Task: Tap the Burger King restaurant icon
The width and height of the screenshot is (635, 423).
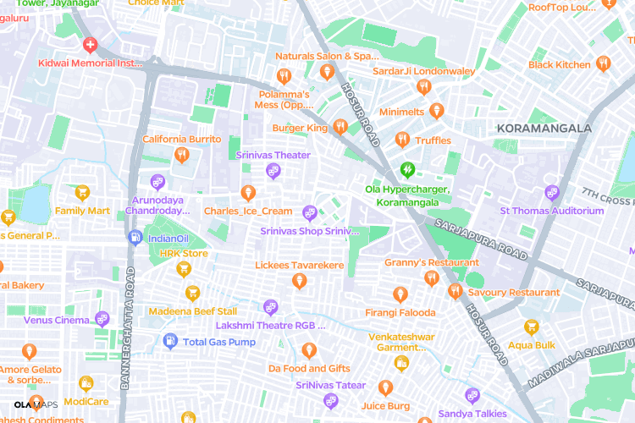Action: tap(340, 128)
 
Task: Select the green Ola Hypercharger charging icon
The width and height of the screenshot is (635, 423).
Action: tap(407, 169)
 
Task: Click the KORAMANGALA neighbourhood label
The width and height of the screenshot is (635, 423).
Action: tap(544, 128)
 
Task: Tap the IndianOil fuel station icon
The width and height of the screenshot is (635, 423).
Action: tap(134, 239)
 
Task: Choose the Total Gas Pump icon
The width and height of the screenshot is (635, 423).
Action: tap(169, 341)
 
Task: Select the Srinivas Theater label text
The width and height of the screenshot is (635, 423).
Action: tap(273, 156)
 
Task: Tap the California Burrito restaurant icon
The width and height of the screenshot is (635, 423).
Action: tap(181, 155)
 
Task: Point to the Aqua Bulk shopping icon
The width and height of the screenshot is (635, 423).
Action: tap(532, 327)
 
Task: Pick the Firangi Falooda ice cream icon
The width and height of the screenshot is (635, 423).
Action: tap(400, 294)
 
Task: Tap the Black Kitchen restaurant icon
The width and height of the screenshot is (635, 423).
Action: tap(603, 63)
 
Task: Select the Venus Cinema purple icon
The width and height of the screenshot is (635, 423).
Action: tap(102, 319)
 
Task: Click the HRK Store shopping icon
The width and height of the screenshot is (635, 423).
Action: tap(183, 269)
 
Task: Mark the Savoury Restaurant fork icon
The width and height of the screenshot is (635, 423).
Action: tap(455, 292)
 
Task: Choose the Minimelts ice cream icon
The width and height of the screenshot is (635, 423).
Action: tap(437, 111)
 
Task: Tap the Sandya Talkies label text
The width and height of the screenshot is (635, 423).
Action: tap(472, 414)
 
